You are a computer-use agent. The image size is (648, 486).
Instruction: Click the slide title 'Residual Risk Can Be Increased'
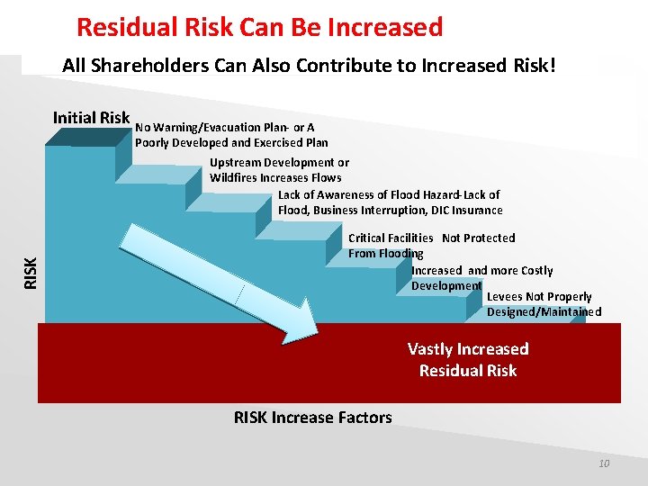coord(259,27)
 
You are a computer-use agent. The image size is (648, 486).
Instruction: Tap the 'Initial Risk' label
coord(91,118)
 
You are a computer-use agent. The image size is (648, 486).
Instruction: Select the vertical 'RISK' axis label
coord(30,272)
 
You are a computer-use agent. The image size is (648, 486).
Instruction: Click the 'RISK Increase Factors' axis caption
coord(312,418)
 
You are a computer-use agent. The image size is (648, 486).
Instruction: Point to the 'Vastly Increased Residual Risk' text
coord(468,360)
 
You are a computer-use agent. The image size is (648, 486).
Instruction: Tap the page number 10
coord(604,463)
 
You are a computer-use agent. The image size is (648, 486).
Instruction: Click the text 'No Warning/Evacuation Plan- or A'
coord(224,128)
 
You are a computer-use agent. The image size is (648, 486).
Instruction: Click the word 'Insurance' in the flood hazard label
coord(478,211)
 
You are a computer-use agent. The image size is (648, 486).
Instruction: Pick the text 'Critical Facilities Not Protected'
coord(431,238)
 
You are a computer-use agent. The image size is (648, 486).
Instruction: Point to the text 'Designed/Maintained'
coord(544,312)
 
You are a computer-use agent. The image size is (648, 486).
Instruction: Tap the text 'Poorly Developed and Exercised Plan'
coord(231,143)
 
